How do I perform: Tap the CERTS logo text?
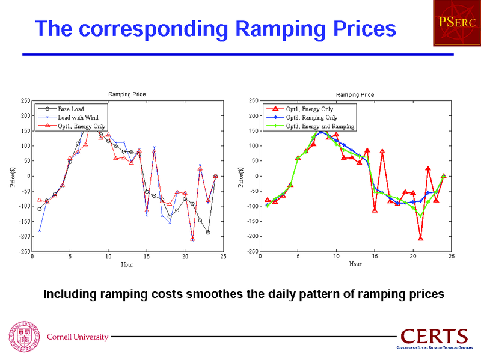(434, 337)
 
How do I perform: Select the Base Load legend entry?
(71, 109)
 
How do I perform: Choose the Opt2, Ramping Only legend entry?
(311, 118)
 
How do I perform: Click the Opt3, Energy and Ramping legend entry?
(320, 126)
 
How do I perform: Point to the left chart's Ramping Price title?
(127, 94)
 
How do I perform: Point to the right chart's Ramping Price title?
(355, 94)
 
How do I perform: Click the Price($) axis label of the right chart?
(241, 175)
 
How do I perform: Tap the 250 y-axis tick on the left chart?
(26, 101)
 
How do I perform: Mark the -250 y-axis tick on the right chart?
(253, 252)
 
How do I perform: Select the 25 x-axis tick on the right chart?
(451, 257)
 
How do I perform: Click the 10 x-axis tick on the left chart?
(108, 257)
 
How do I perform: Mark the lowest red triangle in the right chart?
(421, 239)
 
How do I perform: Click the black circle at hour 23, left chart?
(208, 232)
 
